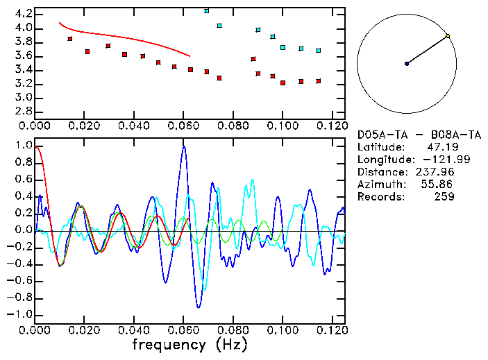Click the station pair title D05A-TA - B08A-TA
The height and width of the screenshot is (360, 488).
[419, 135]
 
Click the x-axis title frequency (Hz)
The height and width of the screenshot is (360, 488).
[189, 345]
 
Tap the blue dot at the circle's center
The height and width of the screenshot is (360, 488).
[407, 64]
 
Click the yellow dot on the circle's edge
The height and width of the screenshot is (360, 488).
[448, 36]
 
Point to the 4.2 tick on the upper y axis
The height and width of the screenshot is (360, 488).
[24, 14]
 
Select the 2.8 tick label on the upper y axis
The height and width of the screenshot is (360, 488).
[24, 112]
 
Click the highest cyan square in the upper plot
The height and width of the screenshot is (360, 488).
[206, 11]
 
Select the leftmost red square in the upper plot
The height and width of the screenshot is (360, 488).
[69, 39]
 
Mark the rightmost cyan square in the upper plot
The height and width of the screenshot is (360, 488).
[318, 51]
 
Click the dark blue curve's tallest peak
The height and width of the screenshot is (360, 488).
[184, 146]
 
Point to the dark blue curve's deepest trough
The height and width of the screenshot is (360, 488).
[199, 307]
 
